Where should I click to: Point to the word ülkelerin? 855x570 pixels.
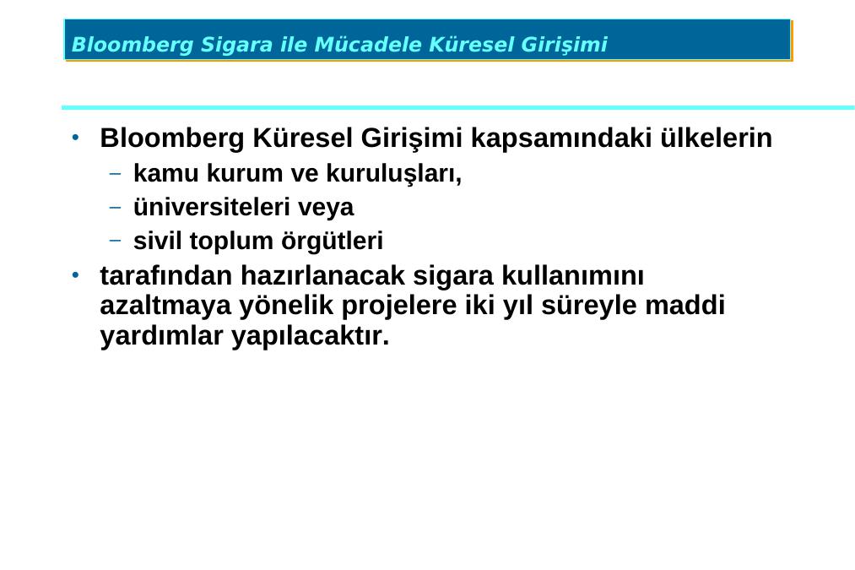point(717,138)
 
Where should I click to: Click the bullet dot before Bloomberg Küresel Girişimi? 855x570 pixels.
point(76,137)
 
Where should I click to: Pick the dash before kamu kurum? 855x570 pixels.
point(115,174)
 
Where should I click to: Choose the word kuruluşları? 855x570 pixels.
point(393,174)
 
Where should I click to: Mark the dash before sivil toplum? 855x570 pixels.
point(115,240)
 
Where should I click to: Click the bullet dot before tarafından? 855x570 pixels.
point(76,274)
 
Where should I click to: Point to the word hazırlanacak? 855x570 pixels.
point(322,275)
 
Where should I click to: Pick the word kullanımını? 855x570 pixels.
point(572,275)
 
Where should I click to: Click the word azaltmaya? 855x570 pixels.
point(165,306)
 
